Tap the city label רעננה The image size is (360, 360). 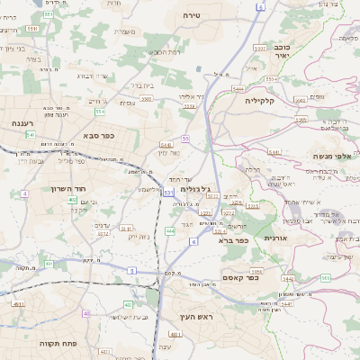pos(23,122)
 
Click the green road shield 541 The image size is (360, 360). pos(30,135)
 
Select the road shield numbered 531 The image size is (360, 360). pos(167,192)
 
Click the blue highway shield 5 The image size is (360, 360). pos(131,270)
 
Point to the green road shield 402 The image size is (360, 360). pos(71,200)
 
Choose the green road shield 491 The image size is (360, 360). pos(18,305)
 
